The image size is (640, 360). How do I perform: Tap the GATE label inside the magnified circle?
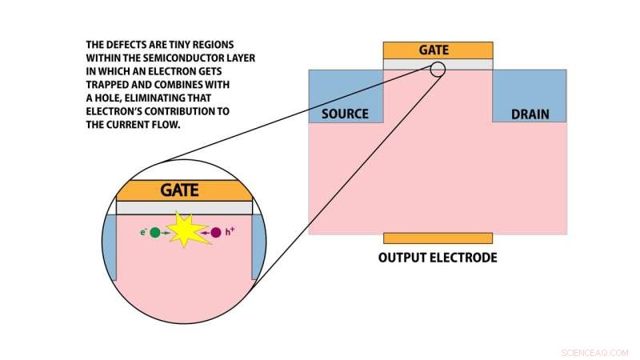click(x=179, y=190)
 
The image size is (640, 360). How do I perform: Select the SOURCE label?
click(x=345, y=114)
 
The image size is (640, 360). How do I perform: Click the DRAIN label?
click(x=530, y=114)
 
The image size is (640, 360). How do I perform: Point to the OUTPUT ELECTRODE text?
click(x=438, y=258)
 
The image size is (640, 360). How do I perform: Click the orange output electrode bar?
click(x=438, y=238)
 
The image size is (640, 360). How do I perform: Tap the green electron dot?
click(x=155, y=232)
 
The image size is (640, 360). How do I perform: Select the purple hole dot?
click(x=216, y=232)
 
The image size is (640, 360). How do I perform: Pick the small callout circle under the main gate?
click(x=437, y=69)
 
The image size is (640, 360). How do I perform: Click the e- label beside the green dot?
click(x=143, y=232)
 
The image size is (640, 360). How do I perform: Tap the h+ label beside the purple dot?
click(x=230, y=232)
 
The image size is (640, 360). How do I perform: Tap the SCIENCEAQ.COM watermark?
click(x=594, y=352)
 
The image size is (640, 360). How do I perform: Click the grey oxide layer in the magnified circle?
click(x=184, y=208)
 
